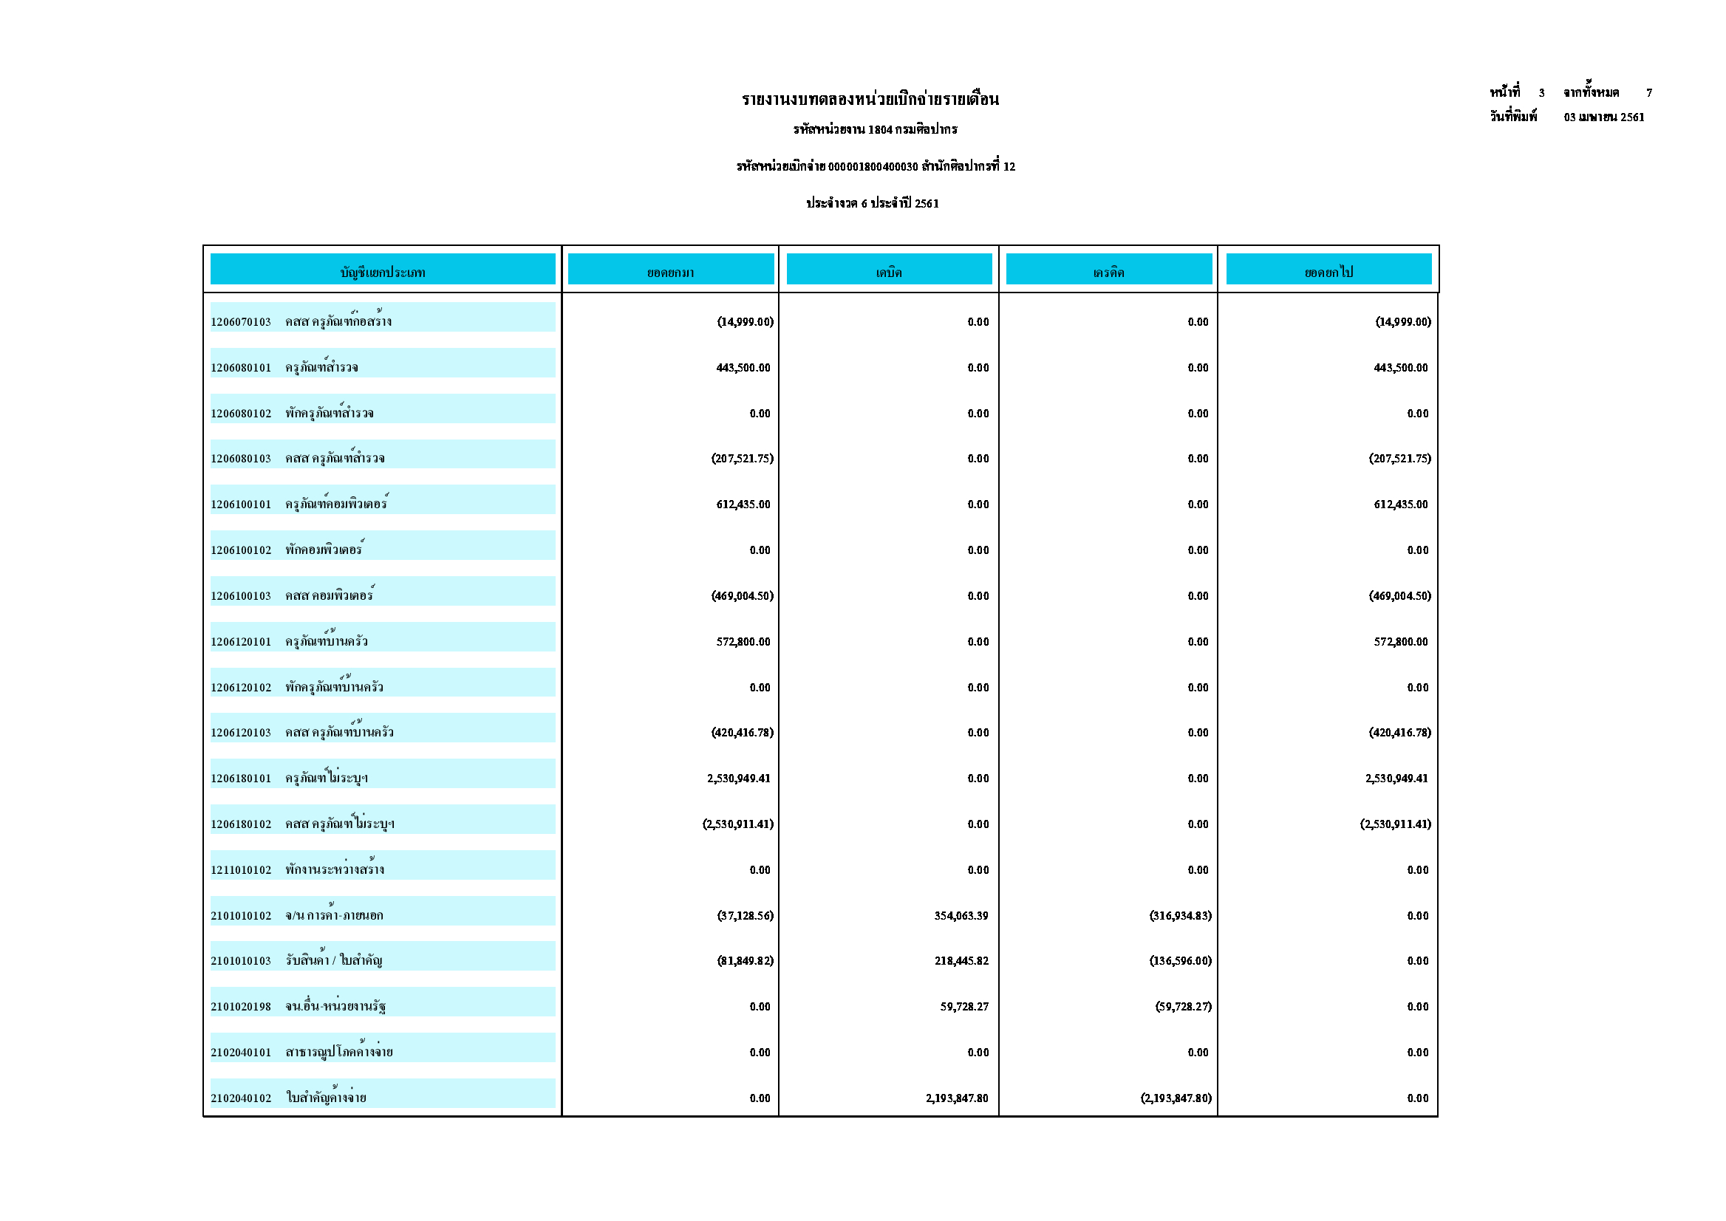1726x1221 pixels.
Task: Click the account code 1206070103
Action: tap(241, 322)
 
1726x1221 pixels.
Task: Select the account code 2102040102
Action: tap(241, 1098)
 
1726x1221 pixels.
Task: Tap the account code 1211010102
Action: tap(241, 870)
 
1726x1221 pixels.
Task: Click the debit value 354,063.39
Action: tap(961, 916)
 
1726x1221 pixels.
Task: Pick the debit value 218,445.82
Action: tap(961, 961)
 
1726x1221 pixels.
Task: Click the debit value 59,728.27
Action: tap(964, 1007)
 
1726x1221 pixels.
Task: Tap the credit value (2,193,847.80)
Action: tap(1176, 1098)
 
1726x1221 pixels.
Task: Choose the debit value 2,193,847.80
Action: tap(957, 1098)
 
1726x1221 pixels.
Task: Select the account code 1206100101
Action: tap(241, 505)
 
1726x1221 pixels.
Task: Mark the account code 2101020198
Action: tap(241, 1007)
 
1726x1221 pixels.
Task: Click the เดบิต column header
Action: tap(889, 272)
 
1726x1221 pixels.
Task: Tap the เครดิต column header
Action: tap(1108, 272)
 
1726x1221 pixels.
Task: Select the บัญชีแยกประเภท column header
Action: tap(383, 272)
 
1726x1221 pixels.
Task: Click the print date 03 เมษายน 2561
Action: tap(1603, 117)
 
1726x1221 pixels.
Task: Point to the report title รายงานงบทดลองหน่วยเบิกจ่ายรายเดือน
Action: tap(870, 99)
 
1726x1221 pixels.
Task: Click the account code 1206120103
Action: tap(241, 732)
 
